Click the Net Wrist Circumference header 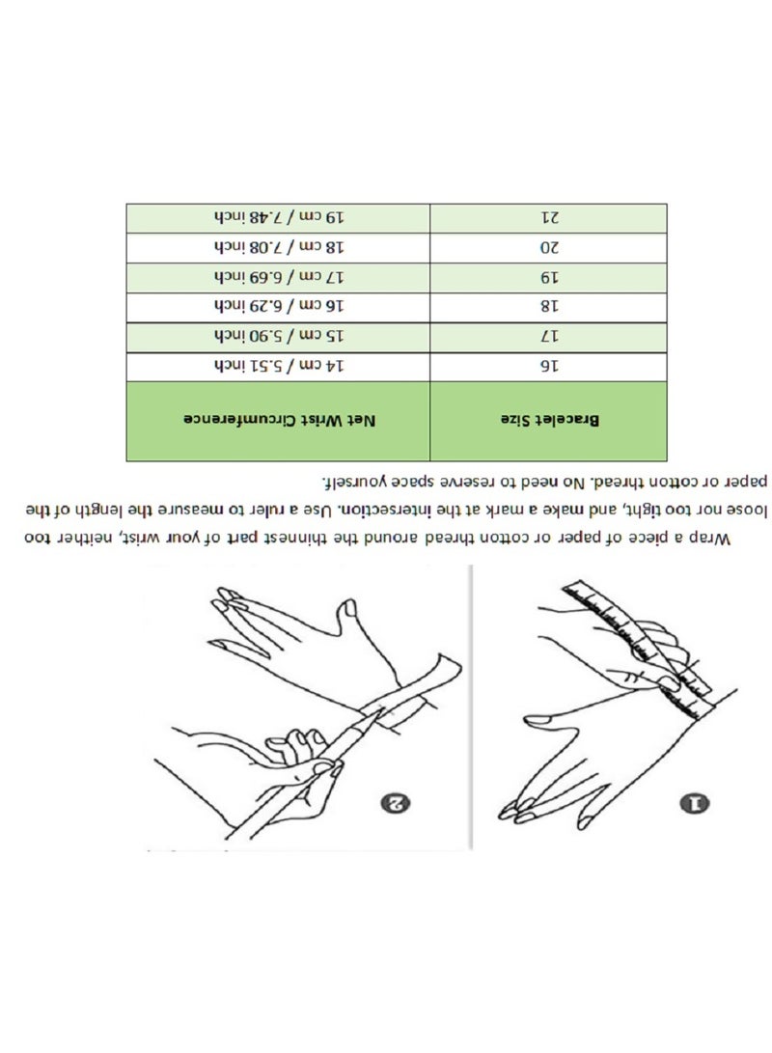pyautogui.click(x=279, y=421)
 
